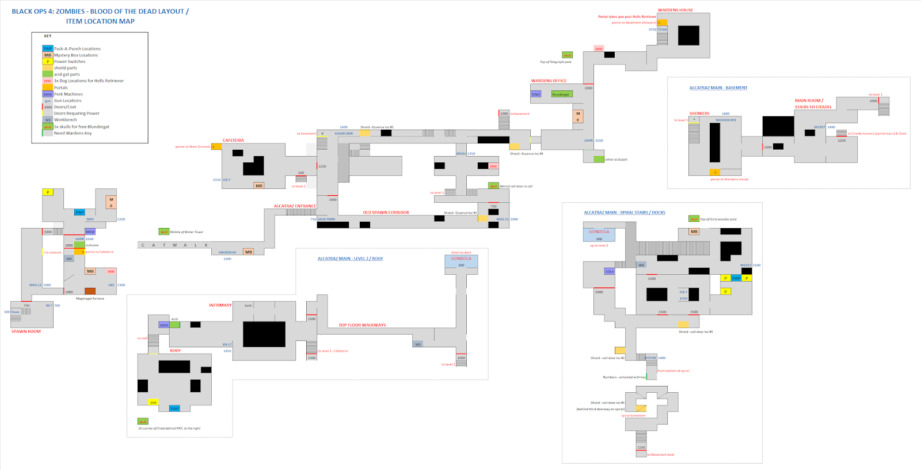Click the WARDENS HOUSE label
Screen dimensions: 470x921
pos(675,10)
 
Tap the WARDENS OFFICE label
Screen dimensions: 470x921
pos(549,81)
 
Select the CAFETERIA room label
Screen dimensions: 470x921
pos(233,140)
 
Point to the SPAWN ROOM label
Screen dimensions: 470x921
pos(26,331)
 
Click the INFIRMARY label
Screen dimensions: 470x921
pos(220,305)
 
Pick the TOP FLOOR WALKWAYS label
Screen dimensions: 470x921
pos(362,325)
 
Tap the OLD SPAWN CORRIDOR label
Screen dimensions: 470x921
pos(386,213)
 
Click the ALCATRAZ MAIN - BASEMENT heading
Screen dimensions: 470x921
pos(718,88)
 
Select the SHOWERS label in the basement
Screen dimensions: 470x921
pos(699,113)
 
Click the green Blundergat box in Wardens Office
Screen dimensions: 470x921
pos(561,94)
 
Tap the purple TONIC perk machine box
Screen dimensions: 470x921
pos(536,94)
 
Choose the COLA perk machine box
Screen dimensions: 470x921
pos(610,271)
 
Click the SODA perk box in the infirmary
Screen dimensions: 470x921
pos(164,325)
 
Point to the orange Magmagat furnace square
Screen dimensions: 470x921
pos(90,291)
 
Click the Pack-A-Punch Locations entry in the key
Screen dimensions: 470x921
pos(77,49)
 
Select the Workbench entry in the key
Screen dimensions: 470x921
pos(65,120)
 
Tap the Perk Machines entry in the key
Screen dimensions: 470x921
pos(68,94)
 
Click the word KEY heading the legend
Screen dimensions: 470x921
pos(48,36)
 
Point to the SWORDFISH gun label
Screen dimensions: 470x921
pos(227,252)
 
